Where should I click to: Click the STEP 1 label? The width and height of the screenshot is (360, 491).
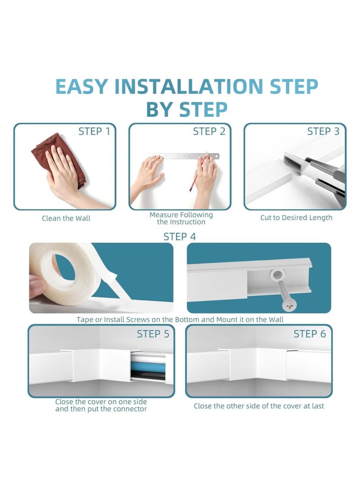click(x=94, y=131)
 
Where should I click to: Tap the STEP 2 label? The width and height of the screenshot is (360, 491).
click(x=209, y=131)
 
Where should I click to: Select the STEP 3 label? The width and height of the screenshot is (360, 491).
click(x=323, y=131)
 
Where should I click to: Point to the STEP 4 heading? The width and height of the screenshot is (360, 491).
click(x=180, y=237)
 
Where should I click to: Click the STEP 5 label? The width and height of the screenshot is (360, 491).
click(x=153, y=334)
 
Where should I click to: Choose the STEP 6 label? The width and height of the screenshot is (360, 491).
click(x=310, y=334)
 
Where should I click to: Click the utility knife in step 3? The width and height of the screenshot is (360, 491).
click(x=315, y=173)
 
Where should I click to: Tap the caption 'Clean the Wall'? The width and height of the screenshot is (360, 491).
click(x=66, y=218)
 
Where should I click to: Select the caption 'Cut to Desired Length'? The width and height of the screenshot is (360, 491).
click(x=296, y=218)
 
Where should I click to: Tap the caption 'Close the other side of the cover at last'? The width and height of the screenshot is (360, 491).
click(x=259, y=406)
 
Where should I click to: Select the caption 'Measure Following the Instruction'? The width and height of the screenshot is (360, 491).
click(x=181, y=218)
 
